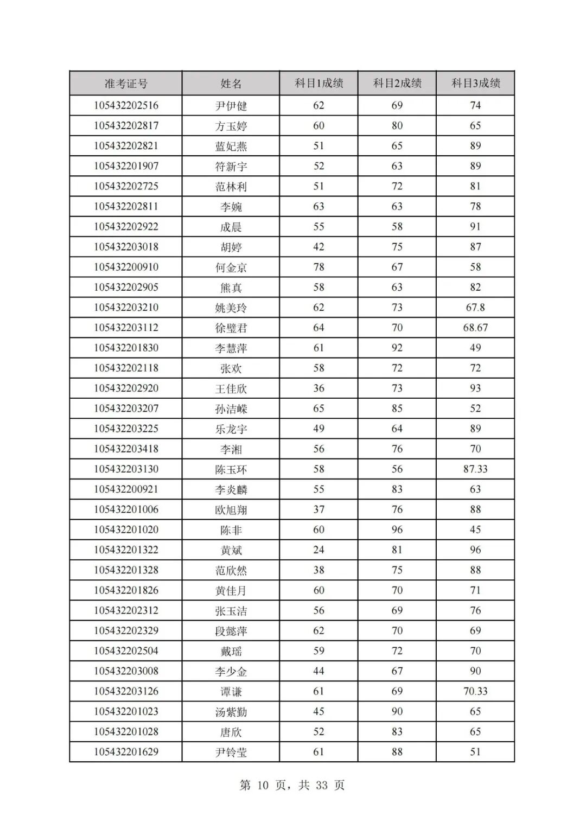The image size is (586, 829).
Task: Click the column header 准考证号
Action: pos(126,84)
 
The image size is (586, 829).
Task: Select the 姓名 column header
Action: pos(231,84)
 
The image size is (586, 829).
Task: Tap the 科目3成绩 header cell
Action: pos(475,83)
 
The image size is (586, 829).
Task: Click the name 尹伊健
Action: pos(231,106)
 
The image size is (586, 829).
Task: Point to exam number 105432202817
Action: pos(126,126)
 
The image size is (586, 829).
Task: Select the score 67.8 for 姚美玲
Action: pos(475,308)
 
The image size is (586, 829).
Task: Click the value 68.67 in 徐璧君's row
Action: pos(475,328)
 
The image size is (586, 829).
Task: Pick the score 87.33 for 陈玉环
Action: pos(475,469)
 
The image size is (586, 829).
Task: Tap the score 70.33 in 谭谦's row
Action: pos(475,691)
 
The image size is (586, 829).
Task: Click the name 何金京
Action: pos(231,267)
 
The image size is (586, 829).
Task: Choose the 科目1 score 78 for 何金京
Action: pos(319,267)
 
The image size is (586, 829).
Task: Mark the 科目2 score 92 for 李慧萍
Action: pos(397,348)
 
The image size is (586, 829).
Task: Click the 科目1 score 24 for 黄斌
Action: pos(319,550)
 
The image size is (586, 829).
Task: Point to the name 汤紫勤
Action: pos(231,712)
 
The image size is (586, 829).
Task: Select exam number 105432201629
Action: pos(126,752)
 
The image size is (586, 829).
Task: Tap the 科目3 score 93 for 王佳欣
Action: pos(475,388)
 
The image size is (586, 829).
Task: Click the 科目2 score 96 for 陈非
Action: pos(397,530)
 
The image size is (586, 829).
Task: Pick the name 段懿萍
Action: pos(231,631)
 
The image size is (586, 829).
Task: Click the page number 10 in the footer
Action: pos(263,786)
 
